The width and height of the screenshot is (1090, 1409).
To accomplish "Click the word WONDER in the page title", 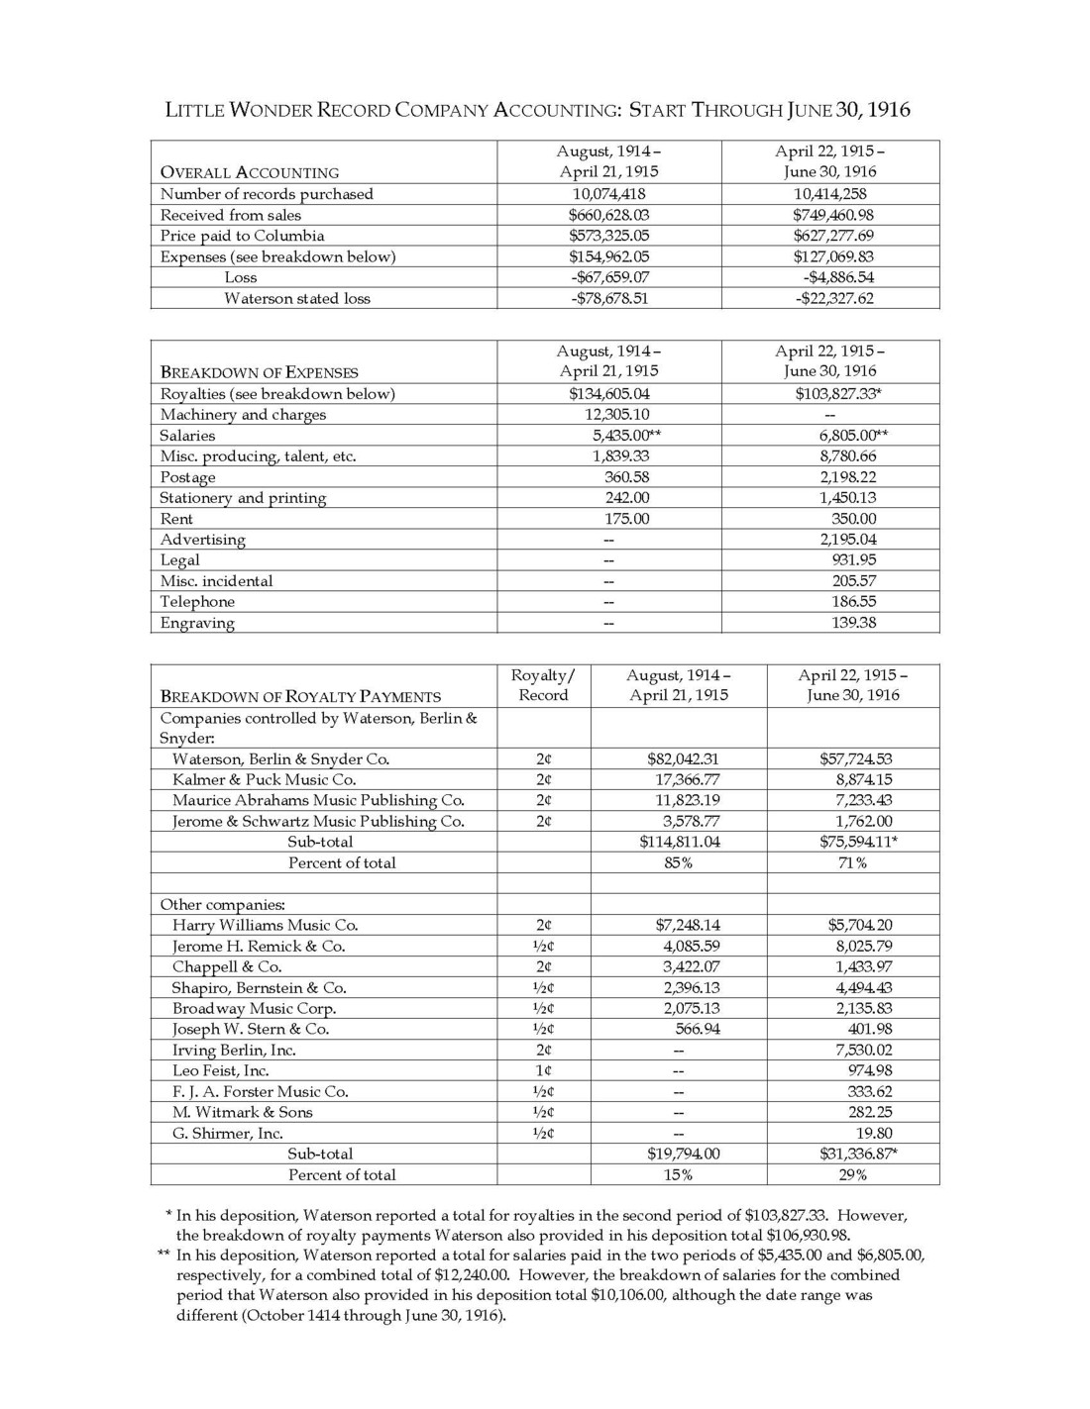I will click(270, 110).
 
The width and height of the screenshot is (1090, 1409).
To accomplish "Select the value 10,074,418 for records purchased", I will click(608, 194).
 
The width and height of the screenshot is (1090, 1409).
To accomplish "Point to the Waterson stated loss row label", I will click(296, 298).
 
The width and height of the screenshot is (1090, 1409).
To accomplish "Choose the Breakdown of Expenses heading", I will click(259, 372).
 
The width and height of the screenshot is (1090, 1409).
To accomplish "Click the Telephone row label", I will click(197, 602).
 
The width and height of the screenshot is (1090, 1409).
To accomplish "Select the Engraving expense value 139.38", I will click(853, 623).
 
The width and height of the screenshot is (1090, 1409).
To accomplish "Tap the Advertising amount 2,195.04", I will click(847, 540).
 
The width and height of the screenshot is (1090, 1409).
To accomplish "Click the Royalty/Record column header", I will click(543, 685).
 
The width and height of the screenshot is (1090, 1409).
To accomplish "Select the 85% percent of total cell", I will click(678, 862).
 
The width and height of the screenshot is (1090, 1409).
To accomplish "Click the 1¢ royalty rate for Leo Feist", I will click(544, 1070).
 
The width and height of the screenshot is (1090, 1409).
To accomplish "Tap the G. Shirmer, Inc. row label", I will click(227, 1133).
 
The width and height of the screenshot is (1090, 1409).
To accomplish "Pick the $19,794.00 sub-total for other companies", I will click(683, 1154).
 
